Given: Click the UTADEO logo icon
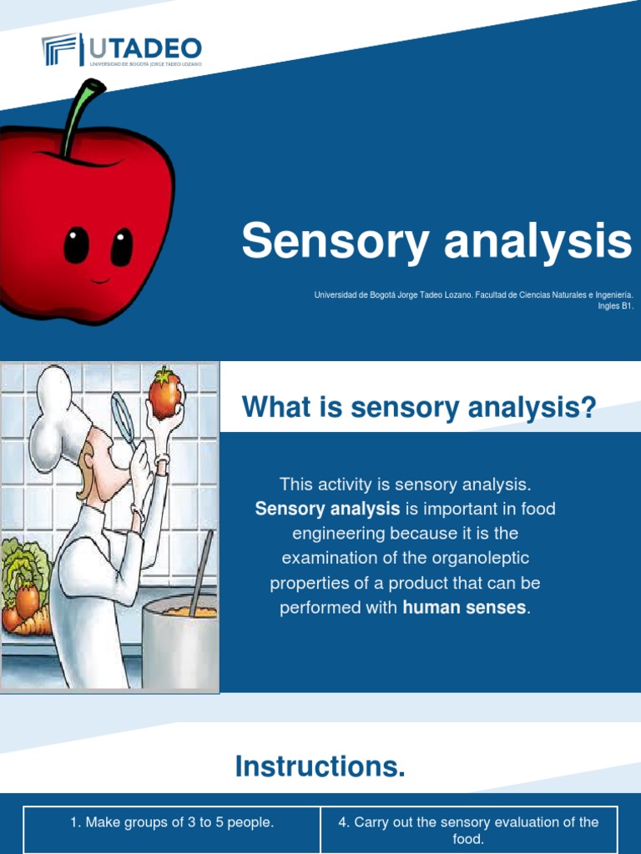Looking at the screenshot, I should tap(61, 50).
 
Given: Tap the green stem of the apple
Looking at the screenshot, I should tap(78, 117).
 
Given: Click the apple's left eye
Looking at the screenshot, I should tap(77, 245).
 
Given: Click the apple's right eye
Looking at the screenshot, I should tap(122, 247).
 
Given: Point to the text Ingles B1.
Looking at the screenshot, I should tap(616, 305).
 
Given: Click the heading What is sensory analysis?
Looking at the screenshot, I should tap(419, 409).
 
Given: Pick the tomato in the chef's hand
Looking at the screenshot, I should tap(165, 394).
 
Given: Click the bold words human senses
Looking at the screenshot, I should tap(464, 608).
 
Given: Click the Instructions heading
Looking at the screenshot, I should tap(320, 766).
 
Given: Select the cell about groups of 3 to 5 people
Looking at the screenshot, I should tap(172, 823).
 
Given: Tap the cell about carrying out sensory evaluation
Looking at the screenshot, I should tap(468, 830).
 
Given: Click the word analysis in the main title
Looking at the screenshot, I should tap(538, 241).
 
